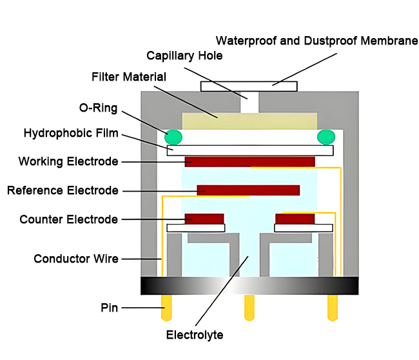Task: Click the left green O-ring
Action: click(173, 136)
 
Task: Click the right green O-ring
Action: click(326, 136)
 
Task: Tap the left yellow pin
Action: click(166, 308)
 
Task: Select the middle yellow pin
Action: click(249, 308)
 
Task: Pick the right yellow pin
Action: click(333, 308)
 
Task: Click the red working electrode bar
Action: click(249, 161)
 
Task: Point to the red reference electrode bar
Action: click(248, 190)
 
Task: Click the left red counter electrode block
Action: click(204, 218)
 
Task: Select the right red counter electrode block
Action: click(295, 218)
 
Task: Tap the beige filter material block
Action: click(249, 121)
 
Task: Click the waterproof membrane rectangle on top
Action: click(249, 86)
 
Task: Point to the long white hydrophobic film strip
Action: click(250, 150)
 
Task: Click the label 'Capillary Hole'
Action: click(184, 55)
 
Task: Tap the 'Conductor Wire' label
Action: click(76, 259)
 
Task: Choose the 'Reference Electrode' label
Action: click(63, 190)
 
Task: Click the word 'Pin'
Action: click(109, 308)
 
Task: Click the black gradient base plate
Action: click(249, 285)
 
